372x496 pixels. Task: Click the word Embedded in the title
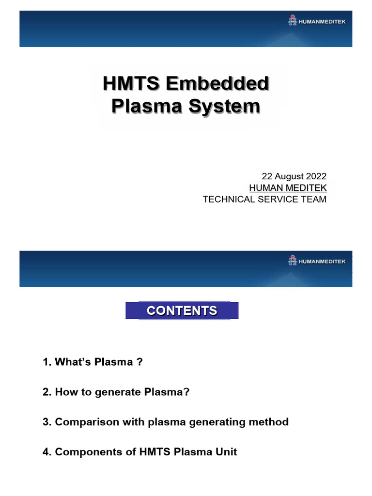(x=217, y=84)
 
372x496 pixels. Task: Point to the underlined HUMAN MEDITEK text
(x=288, y=187)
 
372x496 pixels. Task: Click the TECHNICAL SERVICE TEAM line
(x=264, y=199)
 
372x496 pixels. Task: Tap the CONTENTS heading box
(x=182, y=310)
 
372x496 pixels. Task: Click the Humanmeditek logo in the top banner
(x=317, y=20)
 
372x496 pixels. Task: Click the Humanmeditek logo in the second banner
(x=317, y=261)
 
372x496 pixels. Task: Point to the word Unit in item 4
(x=227, y=452)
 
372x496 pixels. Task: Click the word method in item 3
(x=269, y=422)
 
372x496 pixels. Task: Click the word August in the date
(x=288, y=176)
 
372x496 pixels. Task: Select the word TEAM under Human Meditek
(x=314, y=199)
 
